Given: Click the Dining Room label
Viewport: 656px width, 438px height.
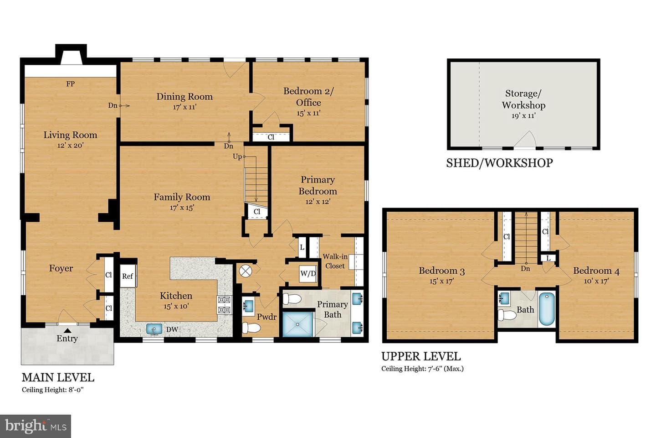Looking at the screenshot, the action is (184, 97).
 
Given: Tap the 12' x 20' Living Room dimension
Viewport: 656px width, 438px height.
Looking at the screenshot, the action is (70, 145).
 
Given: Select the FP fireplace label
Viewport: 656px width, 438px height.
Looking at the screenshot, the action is (70, 84).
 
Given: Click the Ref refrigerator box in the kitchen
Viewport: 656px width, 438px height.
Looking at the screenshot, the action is (128, 276).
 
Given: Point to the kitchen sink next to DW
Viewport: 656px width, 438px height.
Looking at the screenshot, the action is (154, 329).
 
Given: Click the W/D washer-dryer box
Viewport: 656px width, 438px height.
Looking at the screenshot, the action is (308, 274).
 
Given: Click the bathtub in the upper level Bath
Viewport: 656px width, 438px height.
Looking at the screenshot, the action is (547, 309).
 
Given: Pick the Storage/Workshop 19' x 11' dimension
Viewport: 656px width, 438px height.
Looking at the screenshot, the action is (523, 116).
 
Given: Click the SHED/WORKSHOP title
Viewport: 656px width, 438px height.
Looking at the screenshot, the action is (499, 163).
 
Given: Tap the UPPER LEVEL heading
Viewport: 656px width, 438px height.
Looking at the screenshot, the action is (421, 356).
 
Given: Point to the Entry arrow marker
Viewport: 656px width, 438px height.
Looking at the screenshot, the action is (67, 330).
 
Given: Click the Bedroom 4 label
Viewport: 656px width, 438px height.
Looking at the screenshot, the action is (596, 271).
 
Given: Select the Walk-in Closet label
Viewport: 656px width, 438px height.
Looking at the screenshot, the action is (335, 261).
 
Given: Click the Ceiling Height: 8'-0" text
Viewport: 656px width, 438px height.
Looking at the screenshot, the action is (53, 390).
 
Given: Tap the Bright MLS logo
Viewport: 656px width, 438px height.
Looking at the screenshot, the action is (36, 426).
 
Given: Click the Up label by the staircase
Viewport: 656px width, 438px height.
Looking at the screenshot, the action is (237, 156).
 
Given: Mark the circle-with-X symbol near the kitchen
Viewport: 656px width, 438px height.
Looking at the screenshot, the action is (246, 271).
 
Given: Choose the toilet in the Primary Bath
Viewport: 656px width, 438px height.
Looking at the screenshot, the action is (292, 299).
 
